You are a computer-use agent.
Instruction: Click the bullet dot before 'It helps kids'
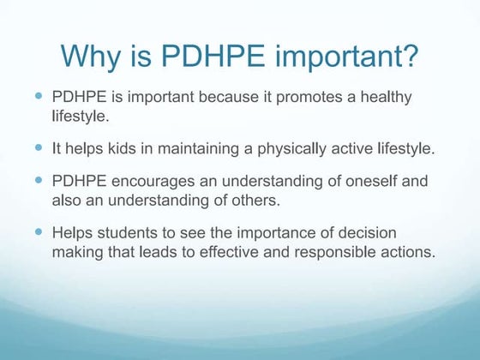[39, 147]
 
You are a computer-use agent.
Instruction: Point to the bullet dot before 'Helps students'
[39, 232]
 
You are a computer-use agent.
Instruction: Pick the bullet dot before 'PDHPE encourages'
[39, 182]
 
